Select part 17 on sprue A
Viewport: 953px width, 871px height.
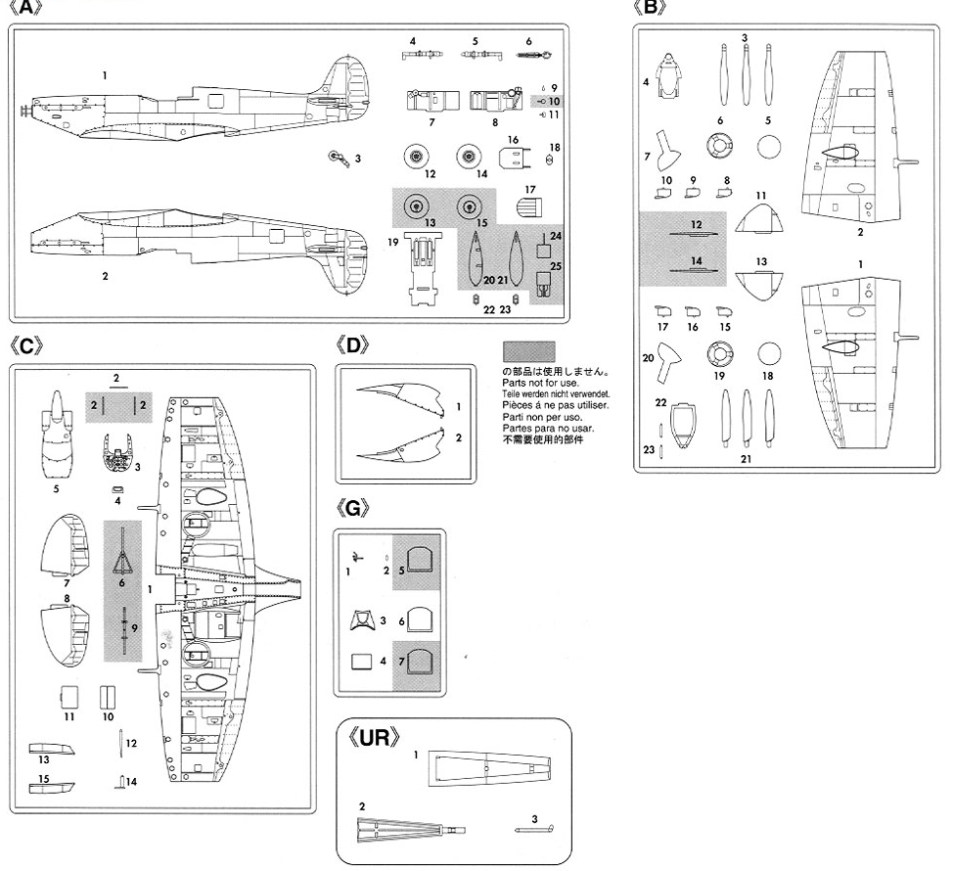coord(528,208)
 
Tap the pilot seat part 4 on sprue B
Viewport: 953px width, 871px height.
coord(670,74)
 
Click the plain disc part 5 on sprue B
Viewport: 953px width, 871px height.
coord(770,148)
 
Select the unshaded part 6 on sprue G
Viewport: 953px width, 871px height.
coord(419,618)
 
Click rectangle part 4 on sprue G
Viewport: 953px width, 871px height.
coord(362,662)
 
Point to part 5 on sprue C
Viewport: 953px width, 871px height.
coord(57,436)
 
